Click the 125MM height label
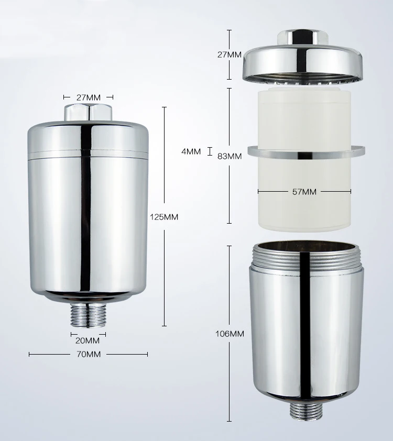[164, 217]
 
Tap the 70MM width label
[88, 355]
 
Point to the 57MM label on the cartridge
[304, 192]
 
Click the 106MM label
[230, 334]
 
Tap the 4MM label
[191, 152]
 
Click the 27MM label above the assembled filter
[88, 97]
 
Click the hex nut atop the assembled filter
[88, 113]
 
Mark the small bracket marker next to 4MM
[210, 152]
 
